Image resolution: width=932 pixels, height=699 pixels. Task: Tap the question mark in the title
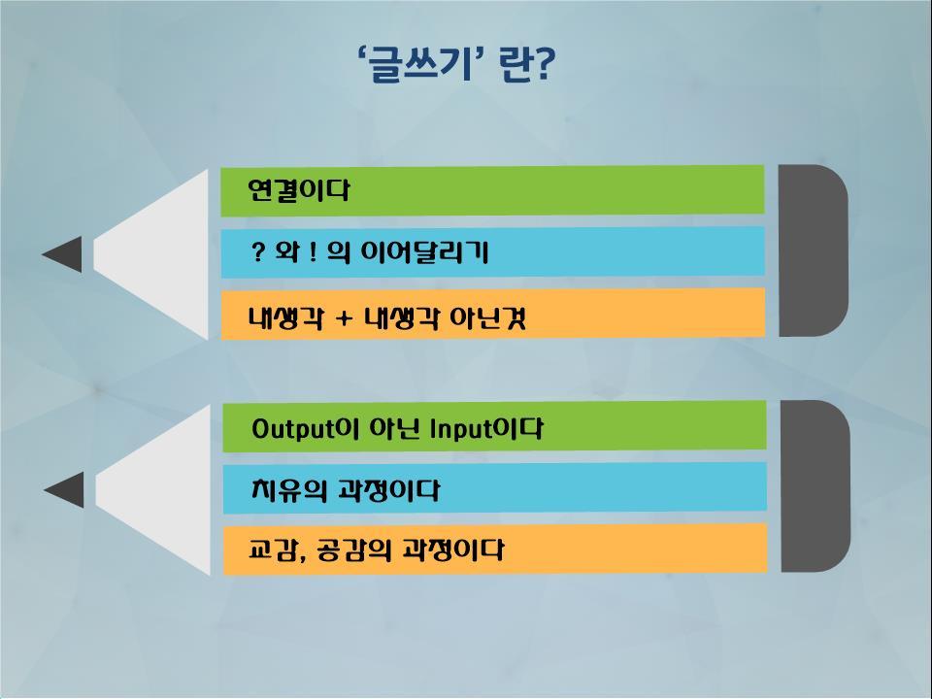pos(544,64)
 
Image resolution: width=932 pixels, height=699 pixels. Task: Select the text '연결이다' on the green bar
pos(299,191)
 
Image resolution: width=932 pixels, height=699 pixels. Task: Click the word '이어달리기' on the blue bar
pos(425,252)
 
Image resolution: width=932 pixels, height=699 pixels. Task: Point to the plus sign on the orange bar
pos(344,318)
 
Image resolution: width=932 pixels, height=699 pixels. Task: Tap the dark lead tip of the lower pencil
pos(64,490)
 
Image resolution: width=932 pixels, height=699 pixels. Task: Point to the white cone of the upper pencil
pos(160,254)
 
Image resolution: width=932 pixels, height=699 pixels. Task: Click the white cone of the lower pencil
pos(162,490)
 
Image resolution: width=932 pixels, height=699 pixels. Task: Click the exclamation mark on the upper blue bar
pos(312,252)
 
